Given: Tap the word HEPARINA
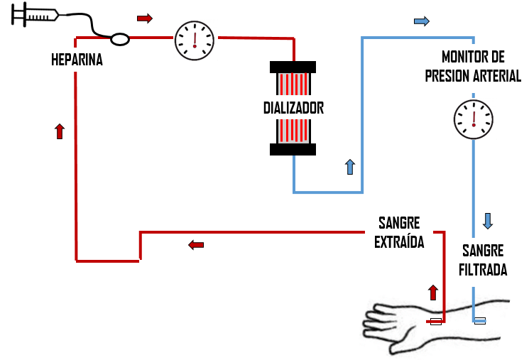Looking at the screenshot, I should pos(77,60).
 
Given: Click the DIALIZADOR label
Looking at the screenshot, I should pos(293,109).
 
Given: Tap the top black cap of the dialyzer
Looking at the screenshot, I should pos(293,67).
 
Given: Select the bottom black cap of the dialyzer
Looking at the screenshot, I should pos(293,148).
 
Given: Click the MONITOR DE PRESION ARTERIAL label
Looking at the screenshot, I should pos(473,66).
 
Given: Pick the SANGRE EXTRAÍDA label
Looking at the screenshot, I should pos(399,232).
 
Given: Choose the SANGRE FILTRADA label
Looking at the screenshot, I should pos(483,260).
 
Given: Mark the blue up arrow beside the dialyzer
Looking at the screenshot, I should pos(349,167).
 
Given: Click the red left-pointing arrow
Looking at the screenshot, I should pos(196,245).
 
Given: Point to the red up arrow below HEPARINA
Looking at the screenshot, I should pos(60,131).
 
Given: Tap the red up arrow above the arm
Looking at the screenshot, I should pos(433,292).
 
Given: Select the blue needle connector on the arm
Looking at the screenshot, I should pos(480,321).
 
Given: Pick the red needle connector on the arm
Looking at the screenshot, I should pos(436,322).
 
